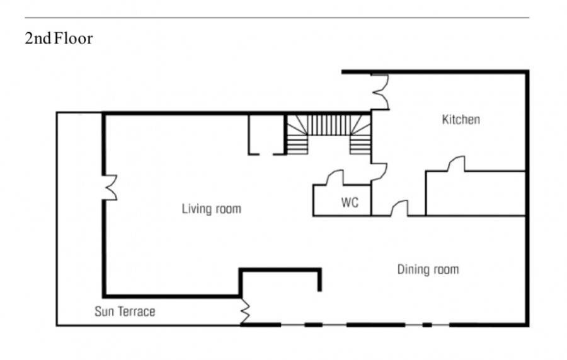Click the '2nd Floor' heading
click(x=59, y=38)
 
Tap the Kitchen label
click(x=461, y=119)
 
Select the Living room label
click(x=212, y=209)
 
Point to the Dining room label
click(x=428, y=270)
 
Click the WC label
click(x=350, y=202)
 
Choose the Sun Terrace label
click(x=125, y=311)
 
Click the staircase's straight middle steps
click(x=329, y=125)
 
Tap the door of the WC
click(x=335, y=178)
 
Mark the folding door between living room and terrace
click(x=110, y=187)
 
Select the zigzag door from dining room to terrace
click(x=245, y=311)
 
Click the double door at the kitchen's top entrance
click(x=381, y=92)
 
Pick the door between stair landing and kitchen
click(x=379, y=172)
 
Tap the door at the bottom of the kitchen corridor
click(x=399, y=209)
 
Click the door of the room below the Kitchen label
click(x=456, y=163)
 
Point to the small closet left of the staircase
click(x=267, y=134)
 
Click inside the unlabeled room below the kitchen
click(x=476, y=194)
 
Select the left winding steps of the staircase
click(x=297, y=134)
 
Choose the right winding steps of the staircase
click(x=360, y=134)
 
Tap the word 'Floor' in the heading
click(x=74, y=38)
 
